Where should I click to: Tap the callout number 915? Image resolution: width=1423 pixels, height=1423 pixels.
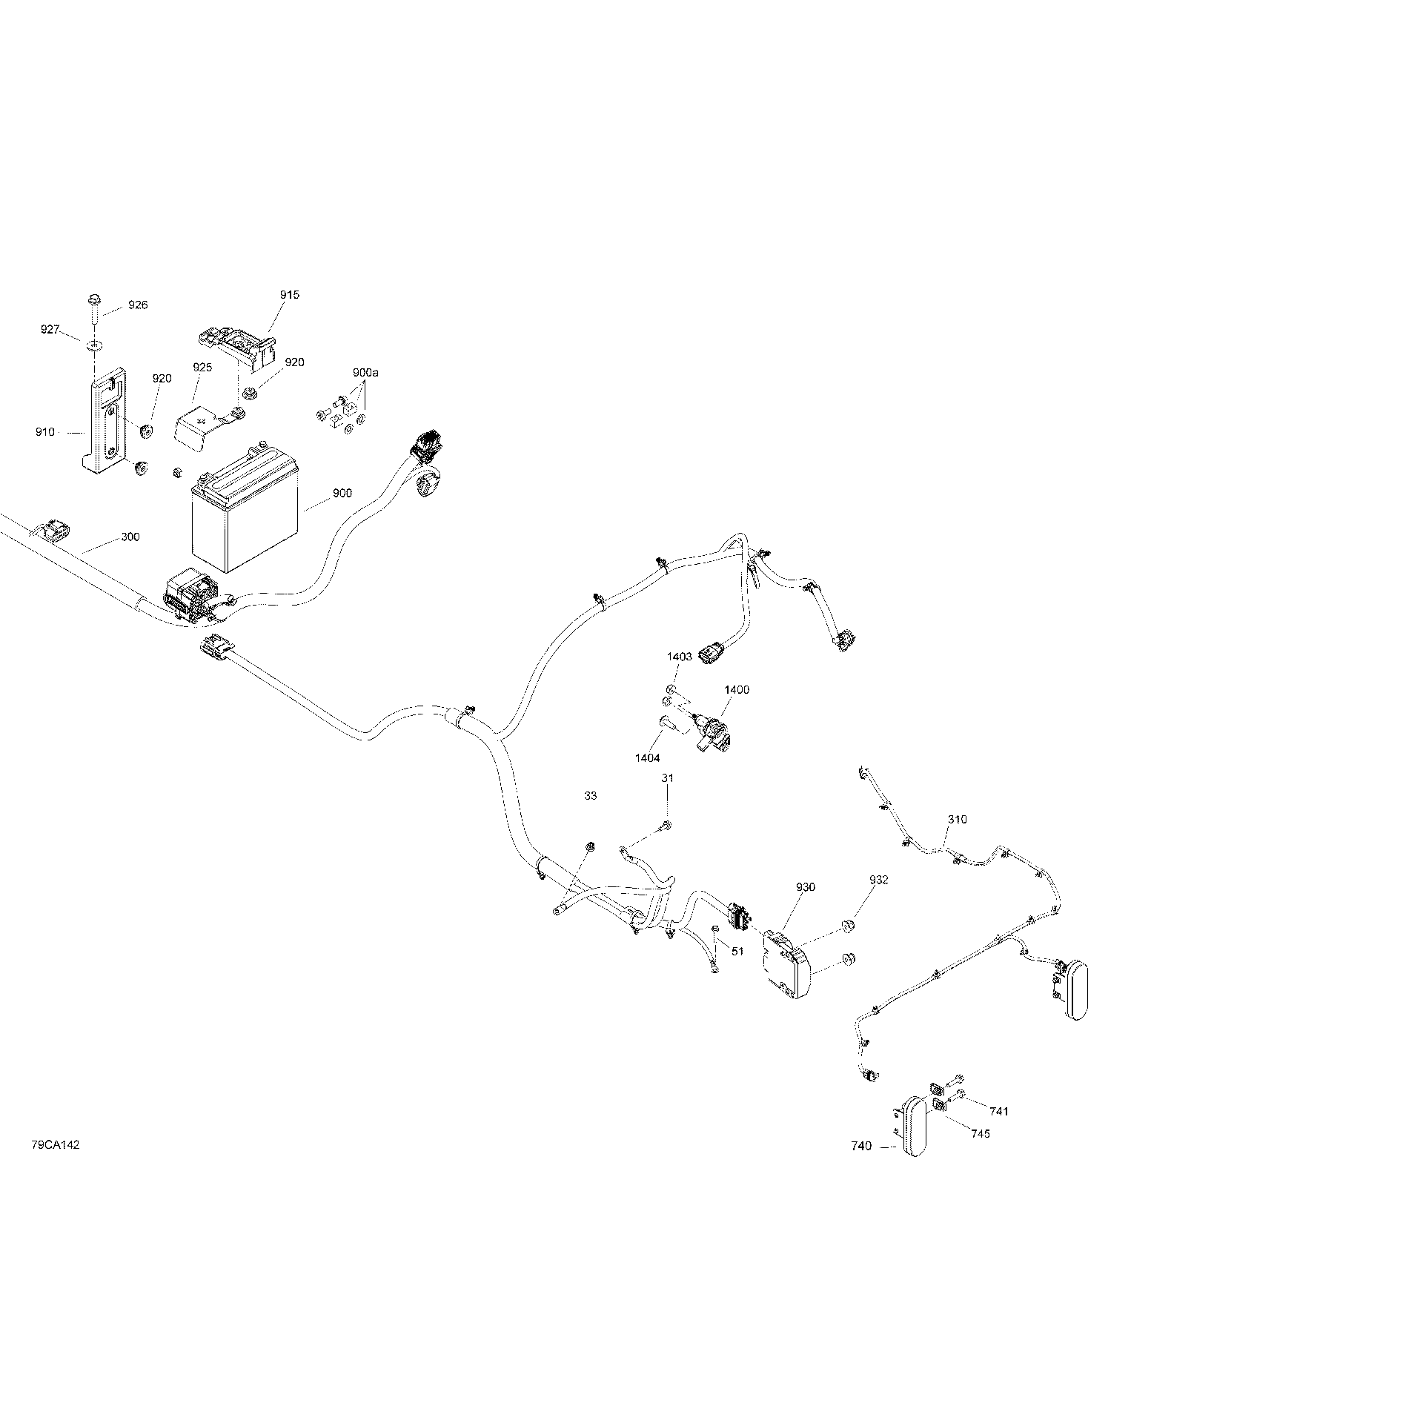tap(290, 295)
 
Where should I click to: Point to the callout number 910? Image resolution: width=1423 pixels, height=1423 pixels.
tap(45, 432)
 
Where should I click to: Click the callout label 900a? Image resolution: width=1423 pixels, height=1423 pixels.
tap(365, 373)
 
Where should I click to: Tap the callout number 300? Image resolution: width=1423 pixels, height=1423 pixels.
tap(130, 537)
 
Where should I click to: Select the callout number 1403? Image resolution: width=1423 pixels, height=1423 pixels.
tap(680, 657)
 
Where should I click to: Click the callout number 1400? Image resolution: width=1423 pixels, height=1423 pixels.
tap(737, 690)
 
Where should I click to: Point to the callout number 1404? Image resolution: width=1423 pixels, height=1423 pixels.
tap(647, 758)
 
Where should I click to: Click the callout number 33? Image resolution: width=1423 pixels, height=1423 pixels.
tap(591, 796)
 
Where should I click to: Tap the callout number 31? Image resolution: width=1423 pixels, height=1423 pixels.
tap(668, 778)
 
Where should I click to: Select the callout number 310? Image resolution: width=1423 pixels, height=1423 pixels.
tap(957, 820)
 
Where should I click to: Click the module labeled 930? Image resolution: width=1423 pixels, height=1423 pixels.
tap(787, 965)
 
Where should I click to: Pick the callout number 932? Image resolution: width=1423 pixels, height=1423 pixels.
tap(879, 880)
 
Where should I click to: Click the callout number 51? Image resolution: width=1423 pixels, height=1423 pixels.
tap(737, 952)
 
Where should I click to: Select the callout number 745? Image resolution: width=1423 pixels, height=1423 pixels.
tap(980, 1155)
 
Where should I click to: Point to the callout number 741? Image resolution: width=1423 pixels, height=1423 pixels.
tap(999, 1132)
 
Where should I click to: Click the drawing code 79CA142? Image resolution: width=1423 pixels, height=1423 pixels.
tap(56, 1166)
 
